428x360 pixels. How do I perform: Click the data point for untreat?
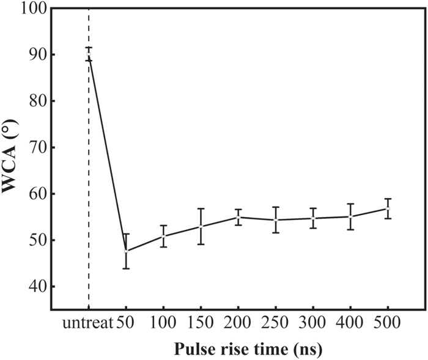[89, 55]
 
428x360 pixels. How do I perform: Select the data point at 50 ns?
[126, 251]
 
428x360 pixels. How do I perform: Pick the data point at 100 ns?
[163, 236]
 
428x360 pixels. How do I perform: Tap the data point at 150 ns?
[201, 226]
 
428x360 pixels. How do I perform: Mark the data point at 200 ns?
[238, 217]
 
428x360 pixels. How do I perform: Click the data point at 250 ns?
[275, 220]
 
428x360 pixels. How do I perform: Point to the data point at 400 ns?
[350, 216]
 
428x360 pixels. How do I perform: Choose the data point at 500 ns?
[388, 208]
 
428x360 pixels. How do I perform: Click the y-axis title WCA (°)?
[11, 159]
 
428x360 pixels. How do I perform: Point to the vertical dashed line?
[89, 183]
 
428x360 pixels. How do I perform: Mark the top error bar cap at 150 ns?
[201, 209]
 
